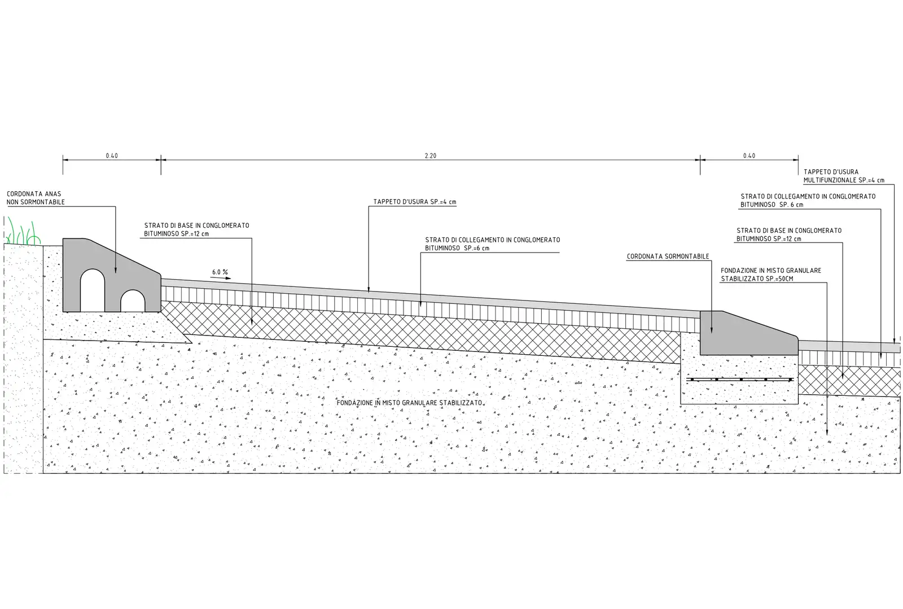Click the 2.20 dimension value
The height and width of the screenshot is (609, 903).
[x=430, y=156]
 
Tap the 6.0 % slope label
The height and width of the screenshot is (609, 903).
[x=220, y=272]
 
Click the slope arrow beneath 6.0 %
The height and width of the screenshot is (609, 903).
[x=222, y=279]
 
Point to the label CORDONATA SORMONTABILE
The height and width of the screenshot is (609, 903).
[x=668, y=257]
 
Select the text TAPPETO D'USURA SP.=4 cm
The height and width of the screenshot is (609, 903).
[x=414, y=202]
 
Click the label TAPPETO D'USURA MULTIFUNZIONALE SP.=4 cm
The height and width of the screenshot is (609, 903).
[x=844, y=176]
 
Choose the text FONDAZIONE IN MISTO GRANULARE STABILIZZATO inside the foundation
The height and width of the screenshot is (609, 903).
[x=409, y=403]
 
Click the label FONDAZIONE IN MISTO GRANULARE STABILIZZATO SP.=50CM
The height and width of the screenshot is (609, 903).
[x=771, y=275]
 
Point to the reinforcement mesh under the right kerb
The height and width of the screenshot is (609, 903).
[x=739, y=379]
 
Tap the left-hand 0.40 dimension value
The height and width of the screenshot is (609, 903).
[x=112, y=156]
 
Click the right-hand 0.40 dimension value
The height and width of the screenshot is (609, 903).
[x=749, y=156]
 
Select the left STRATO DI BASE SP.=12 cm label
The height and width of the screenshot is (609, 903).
[x=196, y=230]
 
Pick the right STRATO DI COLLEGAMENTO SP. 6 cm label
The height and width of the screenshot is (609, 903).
[x=808, y=200]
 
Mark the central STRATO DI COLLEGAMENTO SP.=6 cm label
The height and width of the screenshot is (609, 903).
[x=492, y=244]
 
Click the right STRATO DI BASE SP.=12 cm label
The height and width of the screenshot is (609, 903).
[x=788, y=235]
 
